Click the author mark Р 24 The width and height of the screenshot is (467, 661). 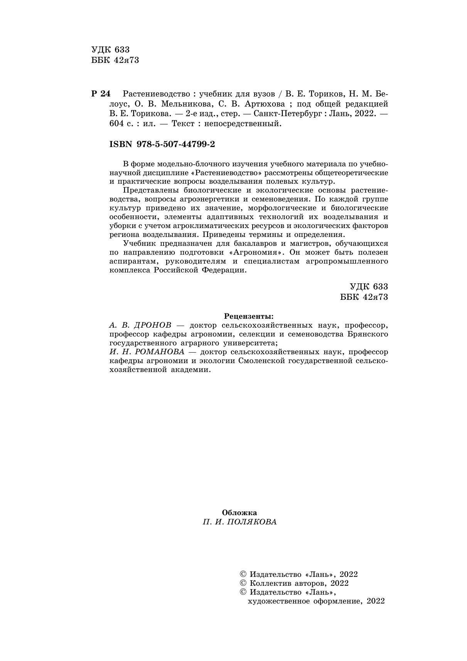[101, 94]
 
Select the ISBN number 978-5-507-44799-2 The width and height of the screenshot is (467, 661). [175, 144]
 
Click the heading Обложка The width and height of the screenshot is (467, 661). [239, 513]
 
